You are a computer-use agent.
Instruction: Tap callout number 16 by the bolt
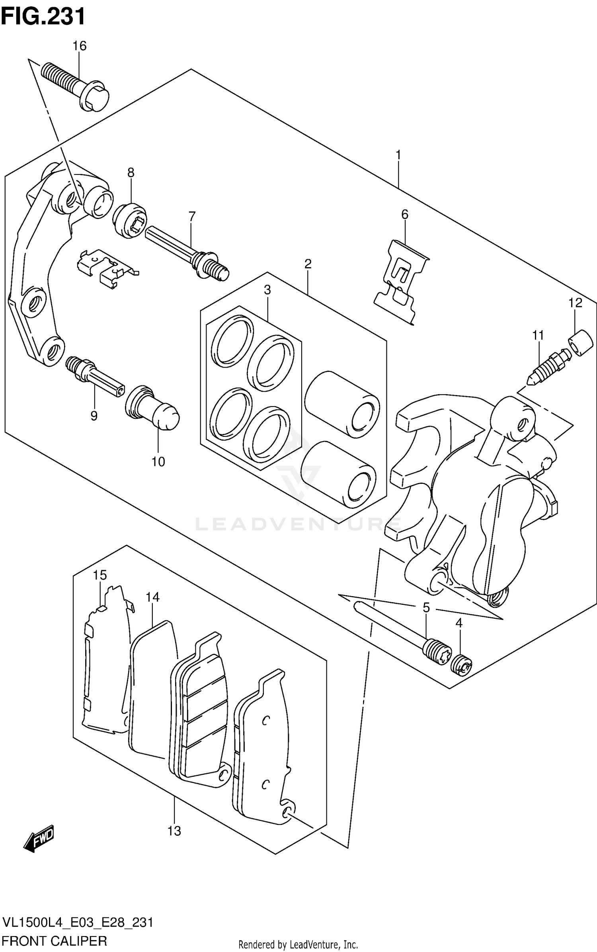[x=79, y=46]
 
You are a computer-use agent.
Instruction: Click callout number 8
[x=131, y=172]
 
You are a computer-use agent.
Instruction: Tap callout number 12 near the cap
[x=575, y=303]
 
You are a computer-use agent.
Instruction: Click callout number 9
[x=94, y=416]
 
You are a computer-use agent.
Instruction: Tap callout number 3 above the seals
[x=267, y=290]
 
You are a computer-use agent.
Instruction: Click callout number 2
[x=308, y=264]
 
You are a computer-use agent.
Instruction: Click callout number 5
[x=426, y=608]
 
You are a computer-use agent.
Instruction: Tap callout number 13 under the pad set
[x=174, y=831]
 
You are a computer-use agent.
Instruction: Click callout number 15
[x=100, y=575]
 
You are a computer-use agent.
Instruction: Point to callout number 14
[x=152, y=597]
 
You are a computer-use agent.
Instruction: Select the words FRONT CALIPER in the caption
[x=55, y=941]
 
